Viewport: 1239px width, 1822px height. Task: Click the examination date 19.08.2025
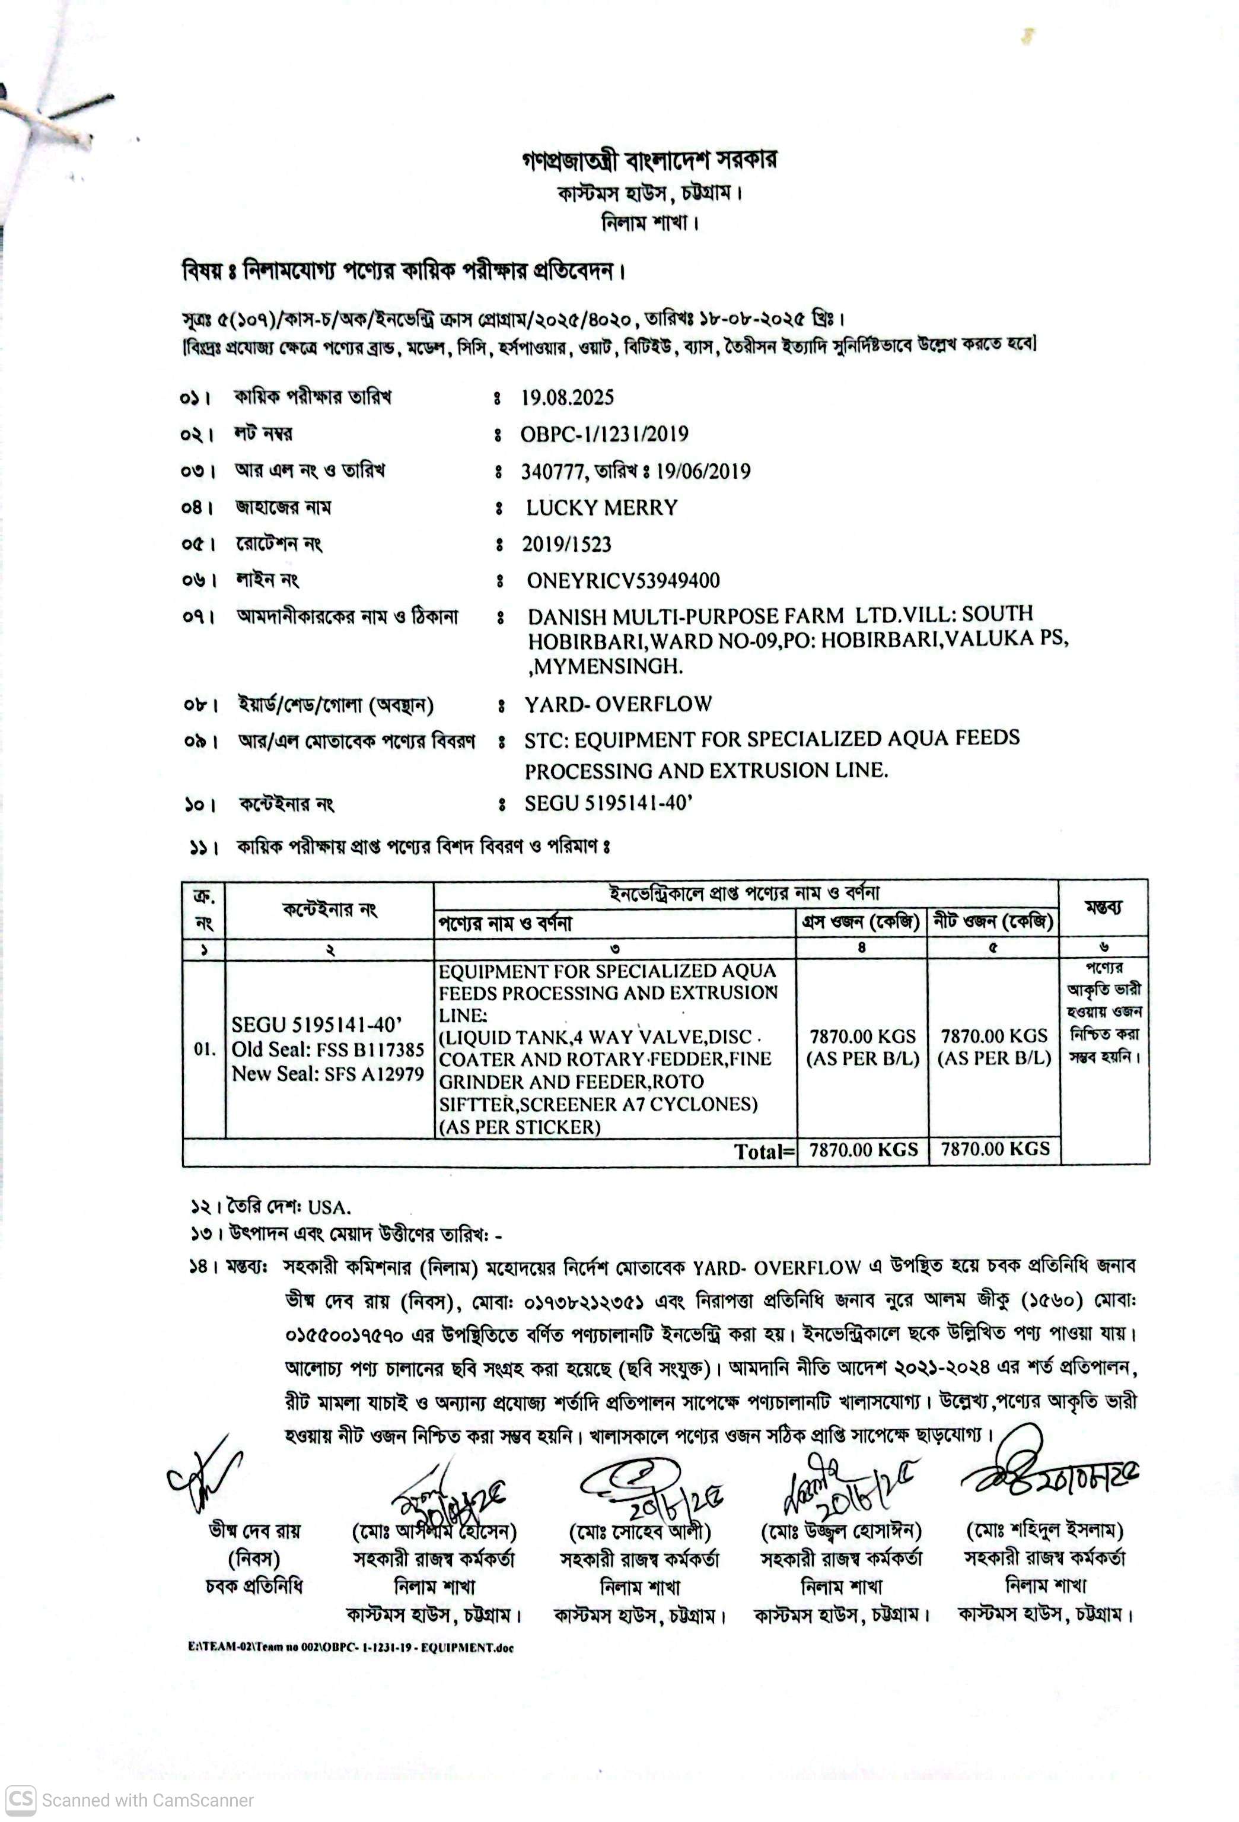[x=568, y=398]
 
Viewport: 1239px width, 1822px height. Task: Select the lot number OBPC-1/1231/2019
[x=604, y=434]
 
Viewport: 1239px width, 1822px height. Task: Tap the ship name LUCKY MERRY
[x=601, y=508]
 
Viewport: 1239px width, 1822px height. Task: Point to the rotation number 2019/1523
[x=566, y=544]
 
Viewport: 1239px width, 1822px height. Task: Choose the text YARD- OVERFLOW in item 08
[x=619, y=704]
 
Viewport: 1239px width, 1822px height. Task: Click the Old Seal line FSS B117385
[x=327, y=1050]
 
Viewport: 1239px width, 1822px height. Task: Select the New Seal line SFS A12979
[x=327, y=1074]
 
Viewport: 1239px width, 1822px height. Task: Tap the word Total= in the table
[x=764, y=1151]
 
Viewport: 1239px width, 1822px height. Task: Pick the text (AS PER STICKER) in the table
[x=520, y=1127]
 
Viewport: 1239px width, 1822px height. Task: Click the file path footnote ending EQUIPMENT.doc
[x=351, y=1647]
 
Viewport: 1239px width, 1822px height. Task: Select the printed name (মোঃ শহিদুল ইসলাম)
[x=1044, y=1530]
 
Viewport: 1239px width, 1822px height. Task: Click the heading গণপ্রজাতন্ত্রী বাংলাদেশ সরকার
[x=649, y=161]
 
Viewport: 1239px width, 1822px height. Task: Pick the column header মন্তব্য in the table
[x=1103, y=908]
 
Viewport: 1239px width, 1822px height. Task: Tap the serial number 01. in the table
[x=204, y=1049]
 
